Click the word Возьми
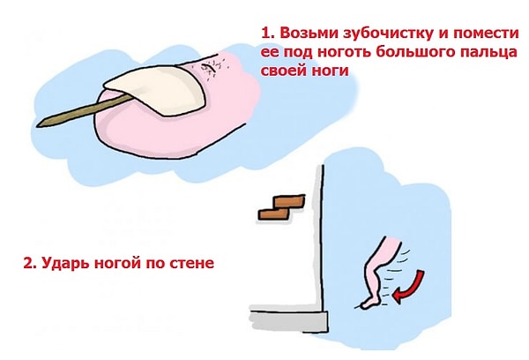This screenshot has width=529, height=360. tap(305, 32)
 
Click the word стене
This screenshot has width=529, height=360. tap(191, 263)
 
